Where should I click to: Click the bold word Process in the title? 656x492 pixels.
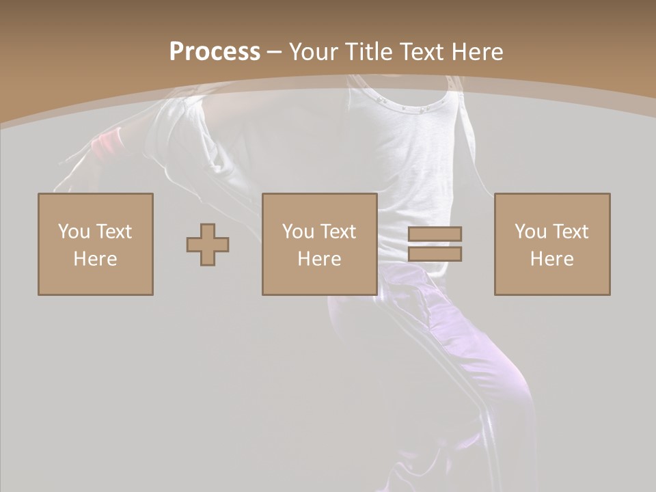pyautogui.click(x=215, y=52)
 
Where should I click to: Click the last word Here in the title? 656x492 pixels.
pyautogui.click(x=478, y=52)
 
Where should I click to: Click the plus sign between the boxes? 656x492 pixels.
pyautogui.click(x=208, y=245)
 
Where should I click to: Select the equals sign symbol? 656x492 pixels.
pyautogui.click(x=435, y=244)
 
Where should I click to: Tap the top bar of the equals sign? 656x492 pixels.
pyautogui.click(x=435, y=234)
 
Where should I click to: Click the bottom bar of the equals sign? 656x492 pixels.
pyautogui.click(x=435, y=254)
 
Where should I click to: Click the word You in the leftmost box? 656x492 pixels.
pyautogui.click(x=74, y=232)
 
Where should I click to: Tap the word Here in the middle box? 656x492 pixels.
pyautogui.click(x=320, y=259)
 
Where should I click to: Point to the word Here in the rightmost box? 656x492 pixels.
pyautogui.click(x=552, y=259)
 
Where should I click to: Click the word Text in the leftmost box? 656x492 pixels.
pyautogui.click(x=113, y=232)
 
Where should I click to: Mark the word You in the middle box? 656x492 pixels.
pyautogui.click(x=298, y=232)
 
